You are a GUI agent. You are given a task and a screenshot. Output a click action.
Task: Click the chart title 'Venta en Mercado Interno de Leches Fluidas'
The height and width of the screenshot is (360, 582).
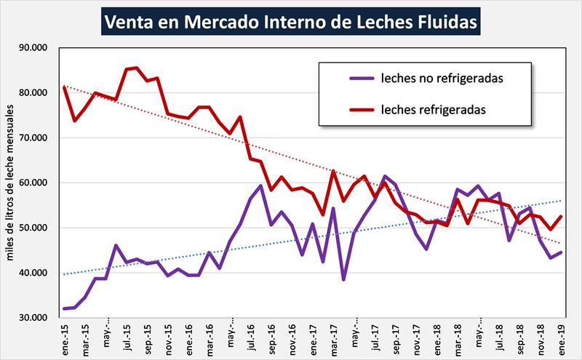tap(291, 21)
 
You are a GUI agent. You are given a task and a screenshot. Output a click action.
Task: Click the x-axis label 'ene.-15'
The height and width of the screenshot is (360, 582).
tap(67, 336)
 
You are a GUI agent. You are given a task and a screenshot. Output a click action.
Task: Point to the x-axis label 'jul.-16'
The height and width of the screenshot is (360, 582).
tap(252, 336)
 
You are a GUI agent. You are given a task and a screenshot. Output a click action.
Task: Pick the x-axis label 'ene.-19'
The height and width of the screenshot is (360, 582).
tap(562, 336)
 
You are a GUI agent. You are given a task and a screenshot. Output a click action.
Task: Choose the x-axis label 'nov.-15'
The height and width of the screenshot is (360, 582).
tap(170, 336)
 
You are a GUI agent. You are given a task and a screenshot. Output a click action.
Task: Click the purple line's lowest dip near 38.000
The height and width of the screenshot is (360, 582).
tap(343, 279)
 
